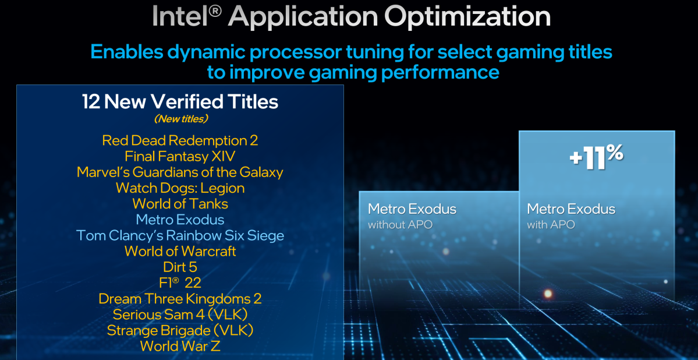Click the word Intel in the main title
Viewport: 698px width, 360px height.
181,16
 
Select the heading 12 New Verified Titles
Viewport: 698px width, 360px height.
180,102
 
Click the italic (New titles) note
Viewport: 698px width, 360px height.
180,119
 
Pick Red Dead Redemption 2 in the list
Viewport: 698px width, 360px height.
180,140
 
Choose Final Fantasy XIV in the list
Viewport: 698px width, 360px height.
180,156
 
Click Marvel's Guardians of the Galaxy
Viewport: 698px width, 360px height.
180,172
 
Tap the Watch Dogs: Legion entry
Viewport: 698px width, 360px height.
180,188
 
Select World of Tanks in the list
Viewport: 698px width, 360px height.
180,203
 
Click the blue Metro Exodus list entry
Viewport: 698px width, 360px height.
180,220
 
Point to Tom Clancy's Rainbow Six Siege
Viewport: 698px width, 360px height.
180,235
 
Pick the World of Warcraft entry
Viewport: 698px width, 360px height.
180,251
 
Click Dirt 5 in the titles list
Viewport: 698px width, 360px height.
180,267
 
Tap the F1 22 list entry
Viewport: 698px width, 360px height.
180,283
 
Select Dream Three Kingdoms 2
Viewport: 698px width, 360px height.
180,299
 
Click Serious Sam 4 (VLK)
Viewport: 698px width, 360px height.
180,315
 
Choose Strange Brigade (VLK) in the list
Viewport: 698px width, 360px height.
180,330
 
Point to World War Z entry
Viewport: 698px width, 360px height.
180,346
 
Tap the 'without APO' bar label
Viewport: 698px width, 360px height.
400,224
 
